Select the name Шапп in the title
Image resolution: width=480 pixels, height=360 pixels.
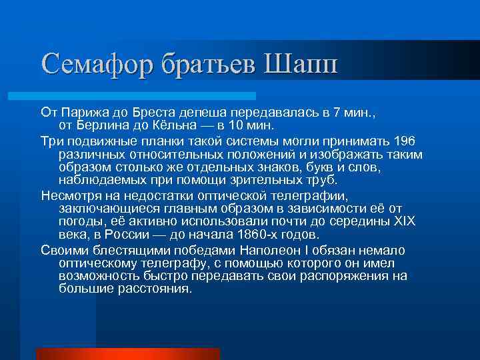[303, 64]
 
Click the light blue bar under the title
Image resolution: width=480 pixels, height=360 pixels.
[147, 96]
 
